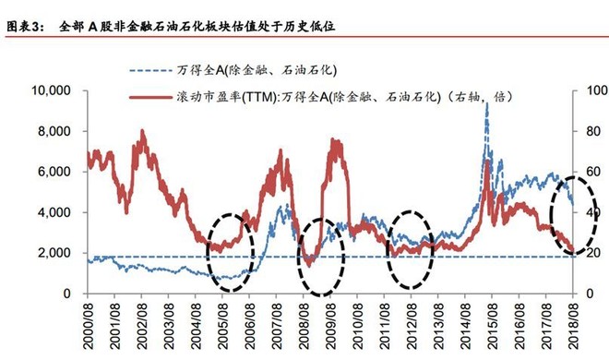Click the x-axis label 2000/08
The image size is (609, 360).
tap(89, 328)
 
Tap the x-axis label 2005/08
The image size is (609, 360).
tap(224, 328)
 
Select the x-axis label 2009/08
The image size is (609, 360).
tap(333, 328)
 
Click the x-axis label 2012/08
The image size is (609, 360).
tap(414, 328)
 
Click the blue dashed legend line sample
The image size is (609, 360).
tap(149, 69)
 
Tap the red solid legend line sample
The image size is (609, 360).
tap(149, 95)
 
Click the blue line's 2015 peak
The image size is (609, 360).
tap(486, 104)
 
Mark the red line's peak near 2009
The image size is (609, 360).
tap(334, 141)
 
